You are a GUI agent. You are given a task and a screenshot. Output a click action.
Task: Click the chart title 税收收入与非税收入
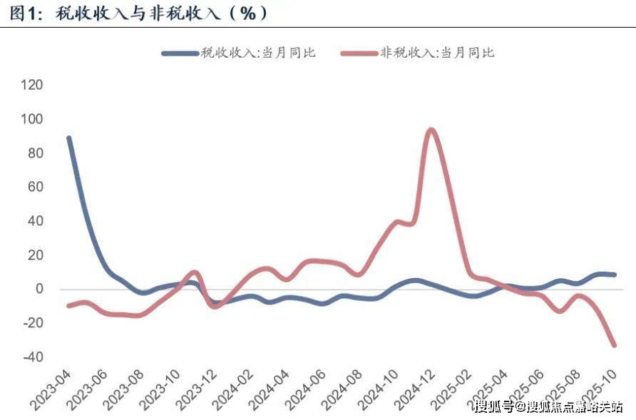click(135, 13)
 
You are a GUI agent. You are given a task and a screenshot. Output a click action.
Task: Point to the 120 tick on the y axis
click(33, 85)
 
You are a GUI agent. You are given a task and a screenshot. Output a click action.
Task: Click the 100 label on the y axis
click(33, 119)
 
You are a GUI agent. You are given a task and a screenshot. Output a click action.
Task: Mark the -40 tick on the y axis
click(33, 357)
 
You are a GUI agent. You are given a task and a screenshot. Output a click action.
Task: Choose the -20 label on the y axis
click(33, 323)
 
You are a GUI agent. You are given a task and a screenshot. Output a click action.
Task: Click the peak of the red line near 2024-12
click(431, 130)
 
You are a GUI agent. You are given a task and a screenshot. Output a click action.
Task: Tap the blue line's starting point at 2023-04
click(69, 138)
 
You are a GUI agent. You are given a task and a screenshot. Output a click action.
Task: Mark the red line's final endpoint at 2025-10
click(614, 345)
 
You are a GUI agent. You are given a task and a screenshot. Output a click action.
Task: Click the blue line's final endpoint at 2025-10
click(614, 275)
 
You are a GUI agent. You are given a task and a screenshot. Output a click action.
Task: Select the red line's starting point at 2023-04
click(69, 306)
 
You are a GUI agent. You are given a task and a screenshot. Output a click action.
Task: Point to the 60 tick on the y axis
click(36, 187)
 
